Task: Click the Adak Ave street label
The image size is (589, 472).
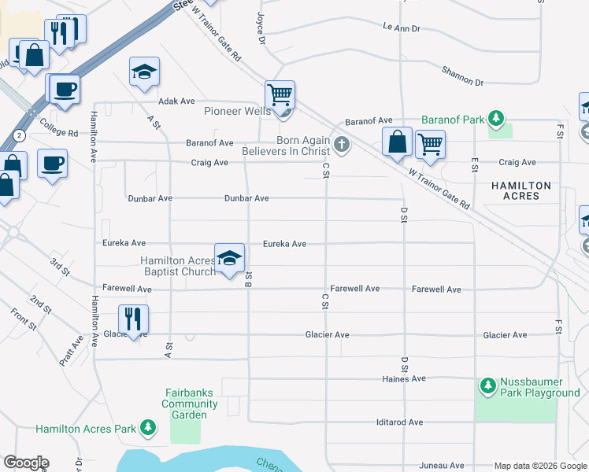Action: click(x=176, y=101)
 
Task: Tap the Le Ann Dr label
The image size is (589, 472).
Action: click(x=402, y=28)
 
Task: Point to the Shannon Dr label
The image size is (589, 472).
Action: click(x=462, y=76)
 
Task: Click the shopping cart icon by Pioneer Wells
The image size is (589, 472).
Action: click(x=280, y=95)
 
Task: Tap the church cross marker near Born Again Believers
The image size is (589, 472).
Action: click(x=341, y=144)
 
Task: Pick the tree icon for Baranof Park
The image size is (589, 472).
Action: click(x=496, y=119)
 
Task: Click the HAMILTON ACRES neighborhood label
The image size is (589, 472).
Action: click(x=520, y=190)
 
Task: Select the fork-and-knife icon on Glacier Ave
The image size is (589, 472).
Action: click(x=132, y=319)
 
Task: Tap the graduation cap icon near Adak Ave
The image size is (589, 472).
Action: click(x=144, y=72)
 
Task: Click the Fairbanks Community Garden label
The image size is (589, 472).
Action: click(x=190, y=404)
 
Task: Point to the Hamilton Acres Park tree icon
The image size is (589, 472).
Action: click(x=147, y=428)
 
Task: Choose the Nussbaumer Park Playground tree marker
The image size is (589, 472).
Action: click(x=488, y=385)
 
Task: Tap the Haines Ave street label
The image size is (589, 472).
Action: click(x=407, y=378)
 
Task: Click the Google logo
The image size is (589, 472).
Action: click(x=26, y=463)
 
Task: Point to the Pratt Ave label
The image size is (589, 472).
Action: click(x=70, y=351)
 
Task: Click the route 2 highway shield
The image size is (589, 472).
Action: click(x=19, y=135)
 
